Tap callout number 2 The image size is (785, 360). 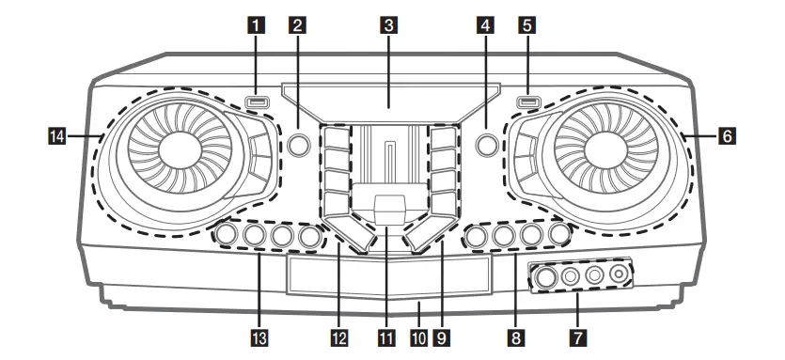[298, 27]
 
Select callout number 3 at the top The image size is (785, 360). [387, 27]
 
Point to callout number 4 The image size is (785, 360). [486, 27]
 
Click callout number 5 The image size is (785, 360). [528, 27]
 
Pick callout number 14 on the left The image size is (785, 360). [58, 137]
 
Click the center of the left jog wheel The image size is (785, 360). [175, 145]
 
